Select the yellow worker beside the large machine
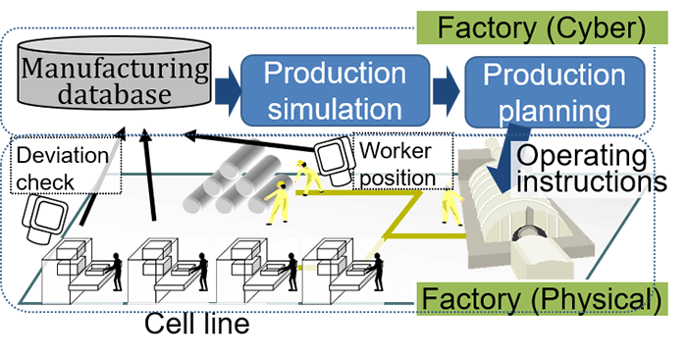(451, 206)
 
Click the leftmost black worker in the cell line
(115, 270)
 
